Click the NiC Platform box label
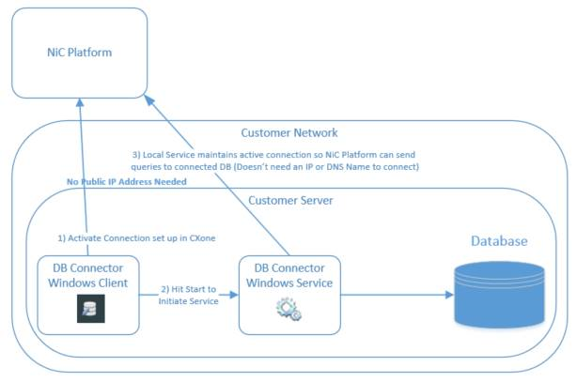click(81, 51)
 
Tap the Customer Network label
click(288, 132)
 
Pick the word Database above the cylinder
click(498, 242)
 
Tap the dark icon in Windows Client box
click(91, 309)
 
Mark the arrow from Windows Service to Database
click(395, 295)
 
